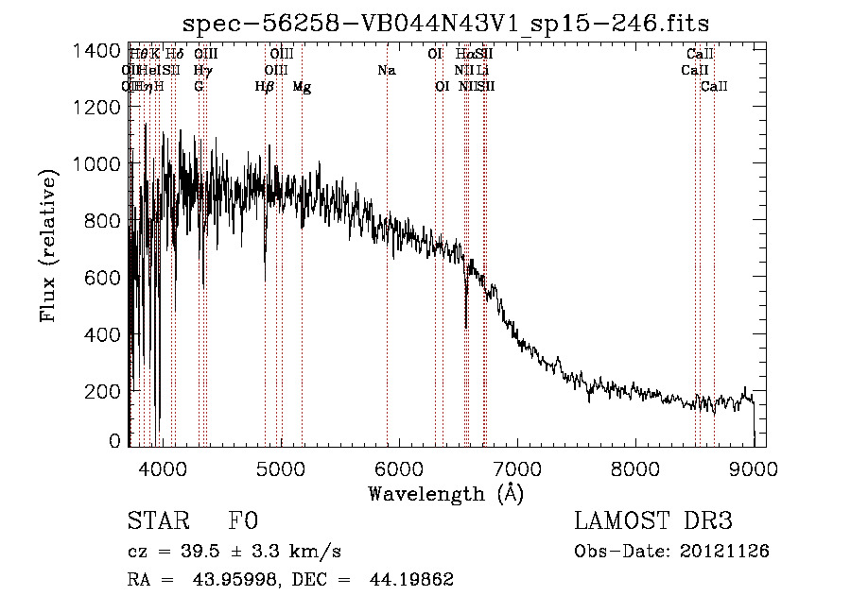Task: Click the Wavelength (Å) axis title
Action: [x=445, y=493]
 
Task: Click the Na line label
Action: [x=386, y=70]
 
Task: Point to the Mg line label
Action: [x=302, y=87]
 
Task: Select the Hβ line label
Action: [x=265, y=87]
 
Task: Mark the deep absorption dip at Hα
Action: [x=466, y=321]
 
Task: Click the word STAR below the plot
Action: [x=157, y=521]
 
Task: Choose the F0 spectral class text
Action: [x=243, y=521]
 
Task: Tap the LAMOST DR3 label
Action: [x=653, y=521]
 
